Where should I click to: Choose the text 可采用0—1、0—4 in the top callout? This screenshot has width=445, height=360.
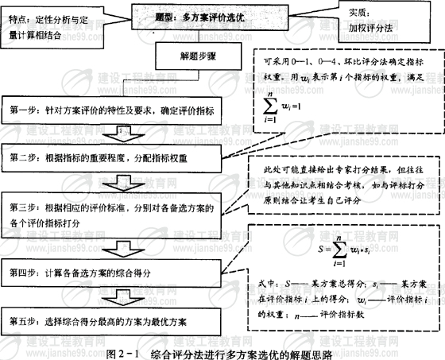(x=299, y=63)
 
